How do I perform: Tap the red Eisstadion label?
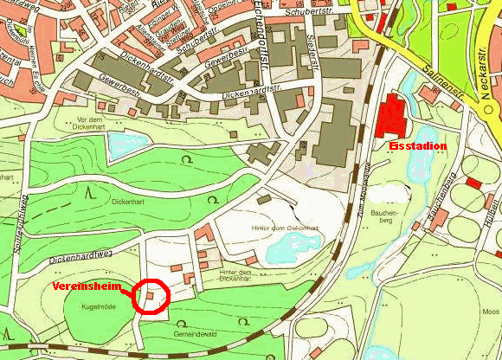point(419,146)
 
